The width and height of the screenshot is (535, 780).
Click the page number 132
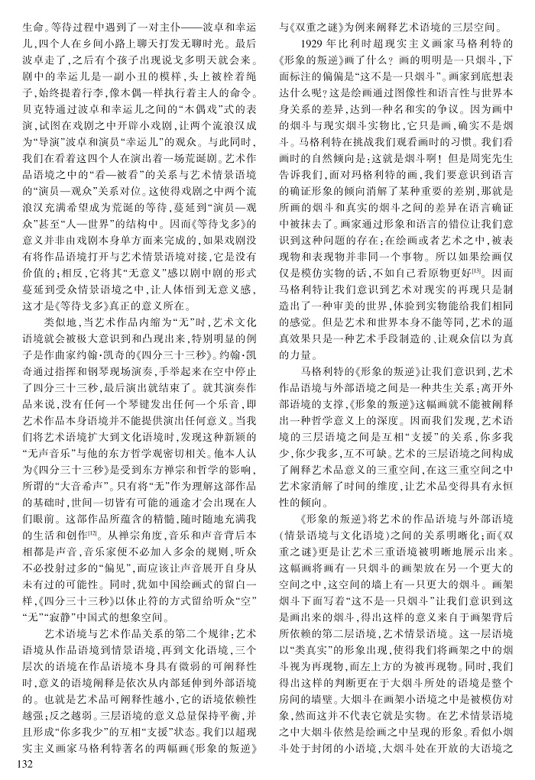tap(16, 765)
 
